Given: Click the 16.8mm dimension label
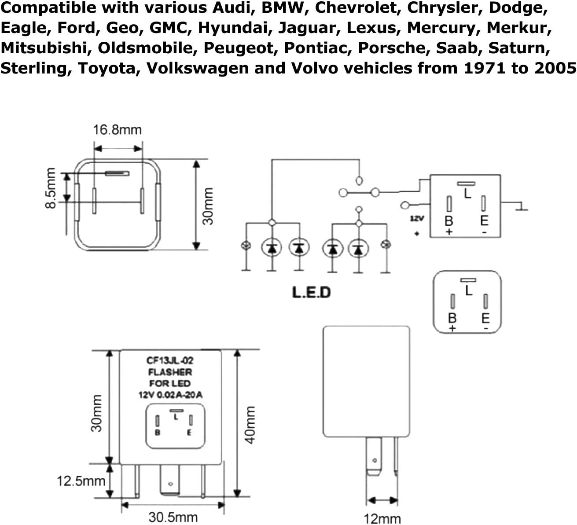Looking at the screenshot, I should pyautogui.click(x=117, y=130).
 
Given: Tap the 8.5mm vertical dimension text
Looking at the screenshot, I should pyautogui.click(x=51, y=188).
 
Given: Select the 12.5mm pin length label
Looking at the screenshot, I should pyautogui.click(x=81, y=481).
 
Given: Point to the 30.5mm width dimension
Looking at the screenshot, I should pyautogui.click(x=173, y=517).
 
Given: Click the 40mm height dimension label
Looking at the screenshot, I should pyautogui.click(x=249, y=425).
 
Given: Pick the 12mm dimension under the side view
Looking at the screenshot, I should pyautogui.click(x=382, y=519).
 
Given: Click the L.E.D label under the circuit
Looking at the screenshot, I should pyautogui.click(x=311, y=292).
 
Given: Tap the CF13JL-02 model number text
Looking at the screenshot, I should pyautogui.click(x=170, y=360).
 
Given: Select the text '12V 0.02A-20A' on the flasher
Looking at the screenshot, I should pyautogui.click(x=170, y=395).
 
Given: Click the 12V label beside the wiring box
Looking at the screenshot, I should pyautogui.click(x=417, y=219).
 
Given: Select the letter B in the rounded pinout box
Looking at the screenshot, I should pyautogui.click(x=452, y=318).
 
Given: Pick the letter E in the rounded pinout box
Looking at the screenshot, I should pyautogui.click(x=485, y=318).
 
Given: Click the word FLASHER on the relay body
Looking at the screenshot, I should pyautogui.click(x=170, y=372).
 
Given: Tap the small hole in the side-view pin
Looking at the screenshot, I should pyautogui.click(x=375, y=461).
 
